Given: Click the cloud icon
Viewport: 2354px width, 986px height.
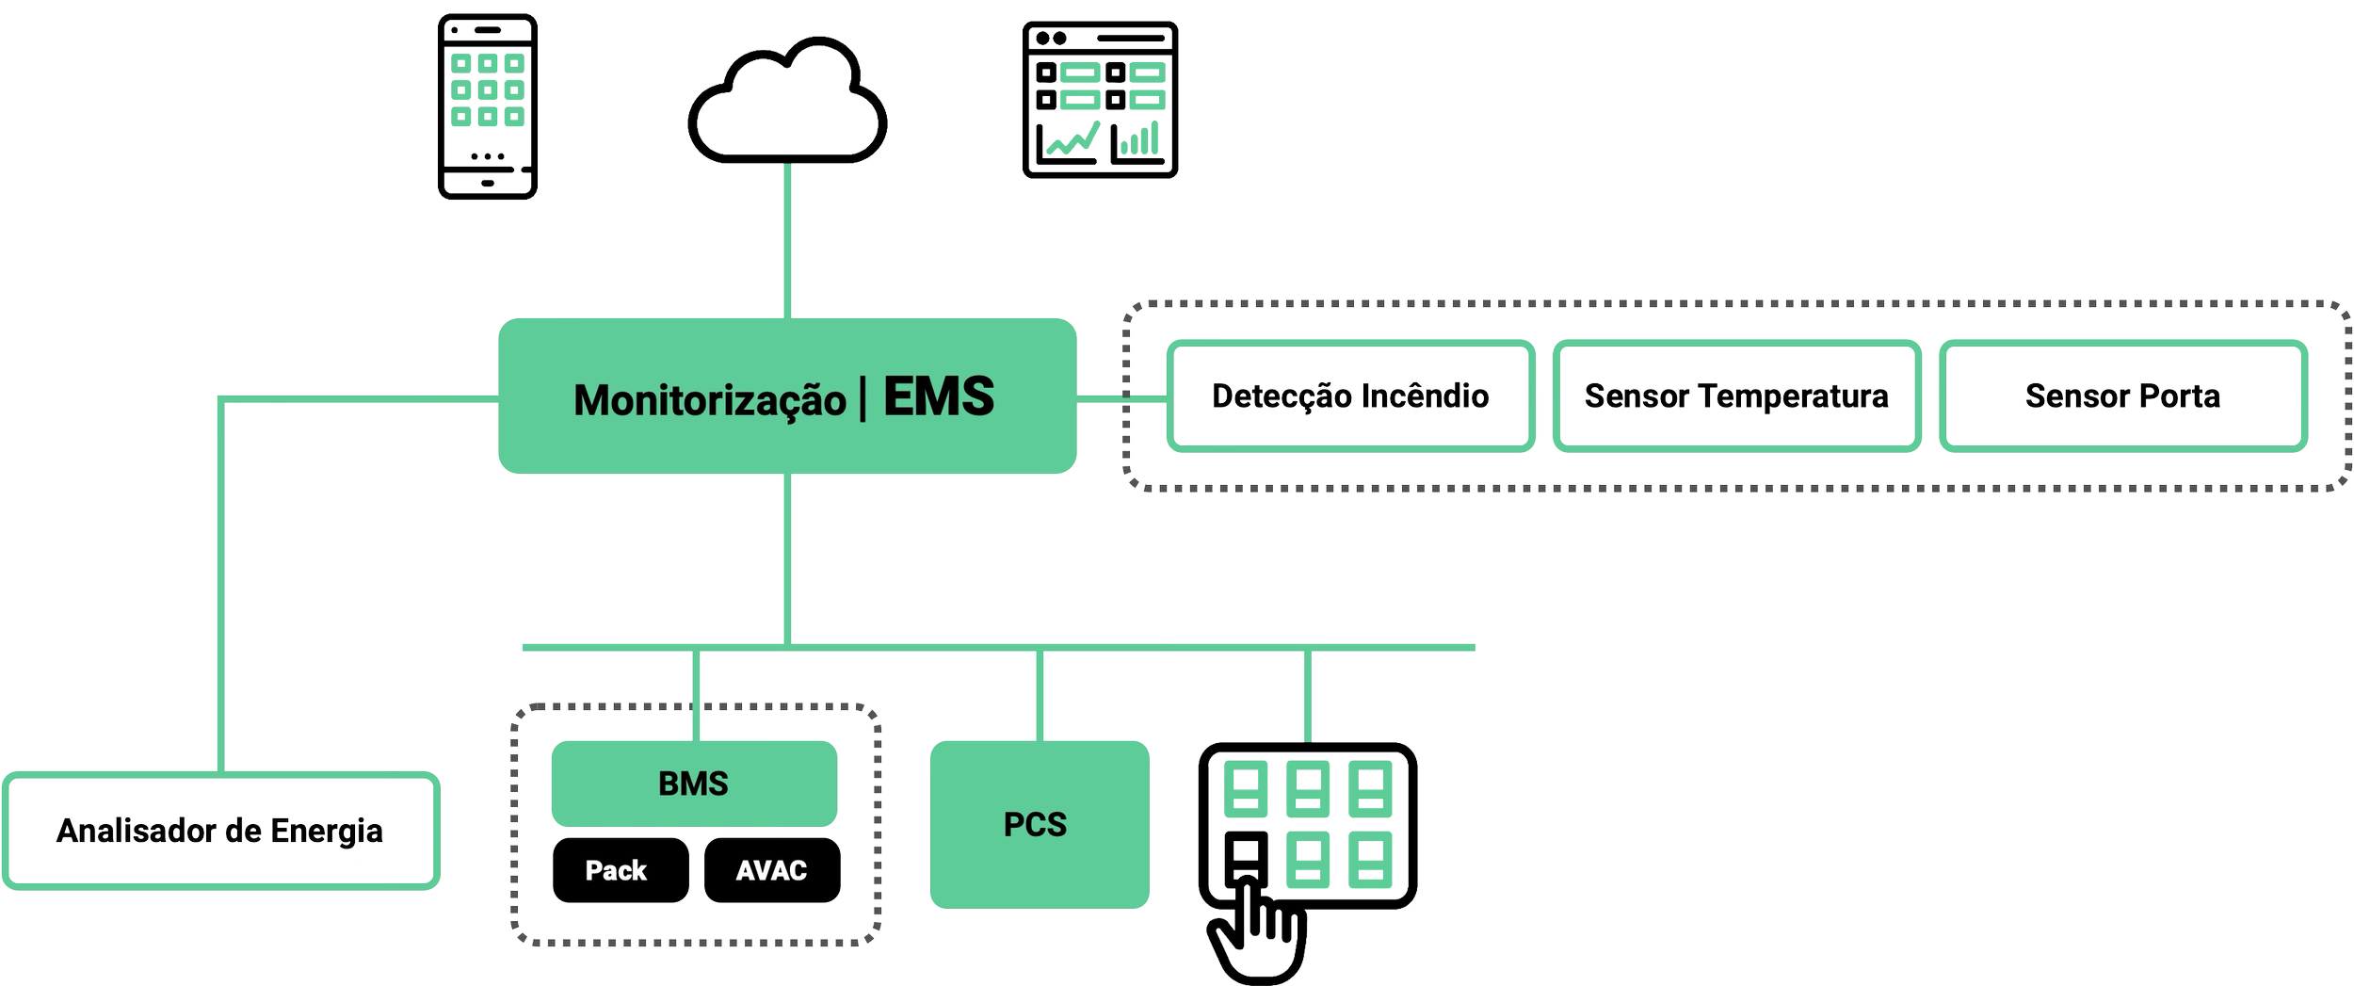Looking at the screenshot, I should (x=787, y=104).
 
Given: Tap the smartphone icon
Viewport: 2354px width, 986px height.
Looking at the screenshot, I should (x=487, y=106).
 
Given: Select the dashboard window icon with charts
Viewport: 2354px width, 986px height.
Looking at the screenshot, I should (x=1101, y=100).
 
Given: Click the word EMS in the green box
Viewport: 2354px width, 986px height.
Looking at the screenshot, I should (x=938, y=396).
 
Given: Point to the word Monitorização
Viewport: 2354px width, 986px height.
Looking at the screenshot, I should (x=710, y=400).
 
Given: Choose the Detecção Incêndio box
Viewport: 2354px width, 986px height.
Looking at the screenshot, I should (x=1350, y=396).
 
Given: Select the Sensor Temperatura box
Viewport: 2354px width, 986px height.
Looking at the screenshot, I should (x=1736, y=396).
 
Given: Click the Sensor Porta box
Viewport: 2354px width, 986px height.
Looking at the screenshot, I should (x=2122, y=396).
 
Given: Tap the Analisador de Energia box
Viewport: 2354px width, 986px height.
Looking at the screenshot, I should (x=221, y=831).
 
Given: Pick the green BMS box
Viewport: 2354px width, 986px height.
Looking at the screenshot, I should (x=694, y=784).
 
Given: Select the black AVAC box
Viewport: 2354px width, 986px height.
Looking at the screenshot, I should (x=771, y=870).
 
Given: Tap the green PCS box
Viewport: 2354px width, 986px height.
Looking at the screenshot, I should (x=1039, y=824).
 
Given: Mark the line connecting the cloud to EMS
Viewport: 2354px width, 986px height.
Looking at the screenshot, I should (x=787, y=240).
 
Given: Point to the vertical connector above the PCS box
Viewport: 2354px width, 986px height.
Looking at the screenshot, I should (x=1040, y=695).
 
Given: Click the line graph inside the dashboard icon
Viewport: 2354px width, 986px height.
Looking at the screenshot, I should (x=1072, y=141).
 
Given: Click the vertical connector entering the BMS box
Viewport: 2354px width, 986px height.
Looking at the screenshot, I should (x=697, y=695).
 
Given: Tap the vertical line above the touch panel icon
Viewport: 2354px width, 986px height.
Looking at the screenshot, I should (x=1308, y=695).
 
